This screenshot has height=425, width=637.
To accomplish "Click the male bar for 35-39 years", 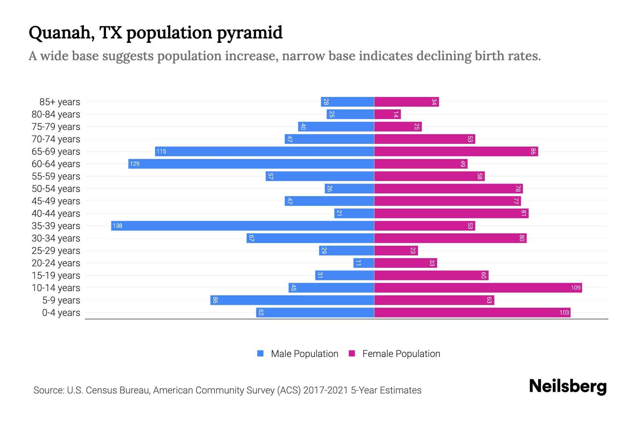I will (242, 226).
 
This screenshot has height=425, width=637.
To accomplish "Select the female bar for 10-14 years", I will (478, 288).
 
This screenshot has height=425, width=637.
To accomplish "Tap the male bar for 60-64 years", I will (251, 164).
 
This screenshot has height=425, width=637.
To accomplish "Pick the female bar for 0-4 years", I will (472, 312).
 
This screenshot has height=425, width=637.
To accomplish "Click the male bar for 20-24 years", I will (364, 263).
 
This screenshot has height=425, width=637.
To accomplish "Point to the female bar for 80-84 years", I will (388, 114).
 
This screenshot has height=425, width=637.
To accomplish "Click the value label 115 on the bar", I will (161, 151).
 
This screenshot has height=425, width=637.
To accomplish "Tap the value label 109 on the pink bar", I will (575, 288).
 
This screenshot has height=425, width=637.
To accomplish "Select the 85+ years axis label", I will (60, 102).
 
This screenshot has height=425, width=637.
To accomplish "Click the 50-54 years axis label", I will (56, 189).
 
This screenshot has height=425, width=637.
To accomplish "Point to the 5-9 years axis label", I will (61, 300).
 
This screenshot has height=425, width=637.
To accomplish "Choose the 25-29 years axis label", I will (56, 251).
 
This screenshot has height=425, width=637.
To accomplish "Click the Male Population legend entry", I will (304, 353).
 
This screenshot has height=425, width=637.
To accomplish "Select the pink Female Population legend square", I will (352, 353).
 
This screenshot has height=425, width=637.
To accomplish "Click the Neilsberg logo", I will (568, 386).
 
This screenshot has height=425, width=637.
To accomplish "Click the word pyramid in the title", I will (249, 33).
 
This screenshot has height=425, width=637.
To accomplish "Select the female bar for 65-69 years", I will (456, 151).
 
